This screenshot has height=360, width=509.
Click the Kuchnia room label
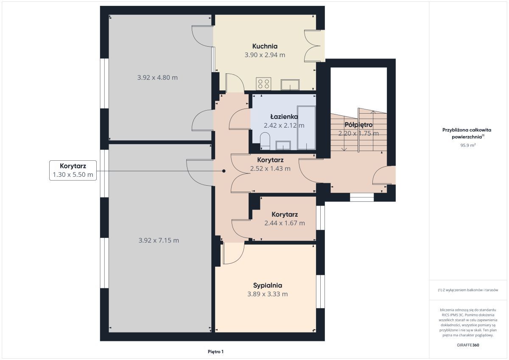coord(265,46)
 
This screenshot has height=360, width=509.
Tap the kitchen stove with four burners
coord(263,84)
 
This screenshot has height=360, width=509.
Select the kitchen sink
coord(290,85)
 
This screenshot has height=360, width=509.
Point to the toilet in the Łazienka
coord(265,141)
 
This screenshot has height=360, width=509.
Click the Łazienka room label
coord(284,117)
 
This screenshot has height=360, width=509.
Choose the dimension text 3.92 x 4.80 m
coord(157,78)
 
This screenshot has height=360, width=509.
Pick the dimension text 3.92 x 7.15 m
coord(159,240)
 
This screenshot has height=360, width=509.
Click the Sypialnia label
coord(268,286)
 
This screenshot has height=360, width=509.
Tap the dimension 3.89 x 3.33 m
coord(268,294)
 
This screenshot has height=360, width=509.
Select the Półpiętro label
coord(358,125)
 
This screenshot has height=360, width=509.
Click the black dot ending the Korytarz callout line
coord(224,171)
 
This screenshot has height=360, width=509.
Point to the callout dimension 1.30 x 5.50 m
coord(73,175)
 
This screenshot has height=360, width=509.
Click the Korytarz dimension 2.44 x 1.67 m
coord(285,223)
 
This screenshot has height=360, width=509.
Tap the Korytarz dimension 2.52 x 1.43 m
coord(270,168)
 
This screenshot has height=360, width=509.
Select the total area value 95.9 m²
coord(468,145)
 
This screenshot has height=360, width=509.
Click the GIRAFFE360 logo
coord(468,345)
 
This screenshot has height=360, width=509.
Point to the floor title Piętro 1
coord(215,352)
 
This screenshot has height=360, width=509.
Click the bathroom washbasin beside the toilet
coord(283,145)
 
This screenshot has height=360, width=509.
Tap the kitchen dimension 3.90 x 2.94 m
coord(265,55)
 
